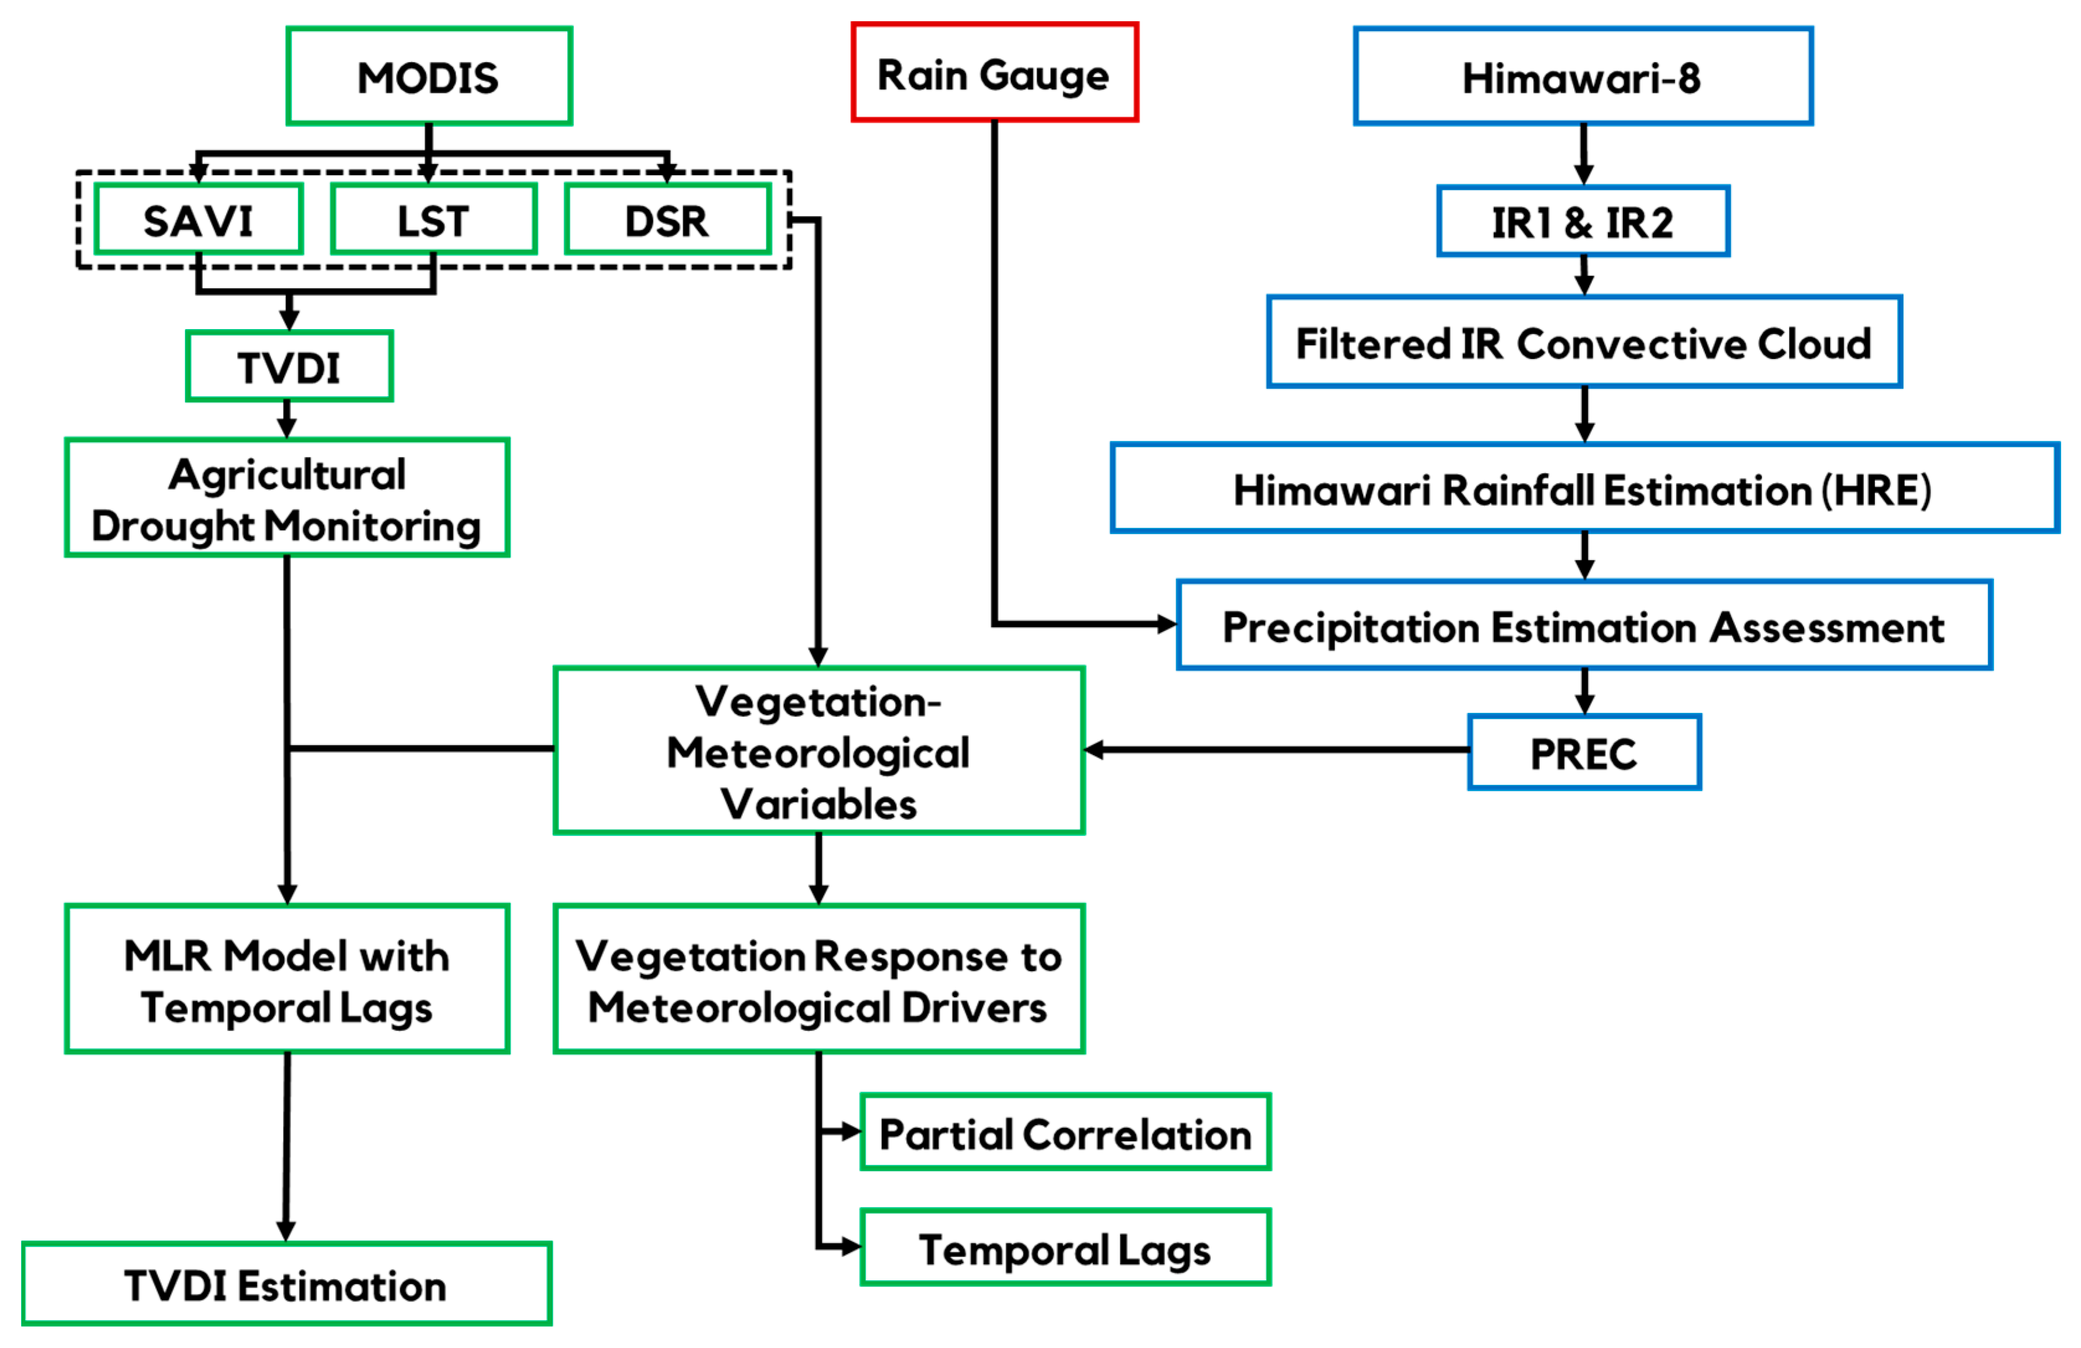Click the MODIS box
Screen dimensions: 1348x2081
(428, 77)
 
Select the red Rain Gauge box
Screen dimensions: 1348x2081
(994, 73)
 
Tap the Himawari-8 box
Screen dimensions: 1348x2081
(1583, 77)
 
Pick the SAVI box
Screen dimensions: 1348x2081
(199, 220)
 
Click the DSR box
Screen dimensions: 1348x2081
(667, 220)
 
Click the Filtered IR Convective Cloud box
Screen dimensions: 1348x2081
(1583, 343)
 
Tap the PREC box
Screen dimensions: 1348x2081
(1583, 753)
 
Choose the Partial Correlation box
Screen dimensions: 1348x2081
(1065, 1134)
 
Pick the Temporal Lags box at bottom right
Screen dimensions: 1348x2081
(1065, 1249)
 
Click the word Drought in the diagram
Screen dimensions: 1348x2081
(173, 527)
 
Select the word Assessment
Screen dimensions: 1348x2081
(1827, 627)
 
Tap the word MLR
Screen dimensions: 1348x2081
(168, 955)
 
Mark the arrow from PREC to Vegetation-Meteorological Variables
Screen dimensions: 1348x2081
(1277, 749)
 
